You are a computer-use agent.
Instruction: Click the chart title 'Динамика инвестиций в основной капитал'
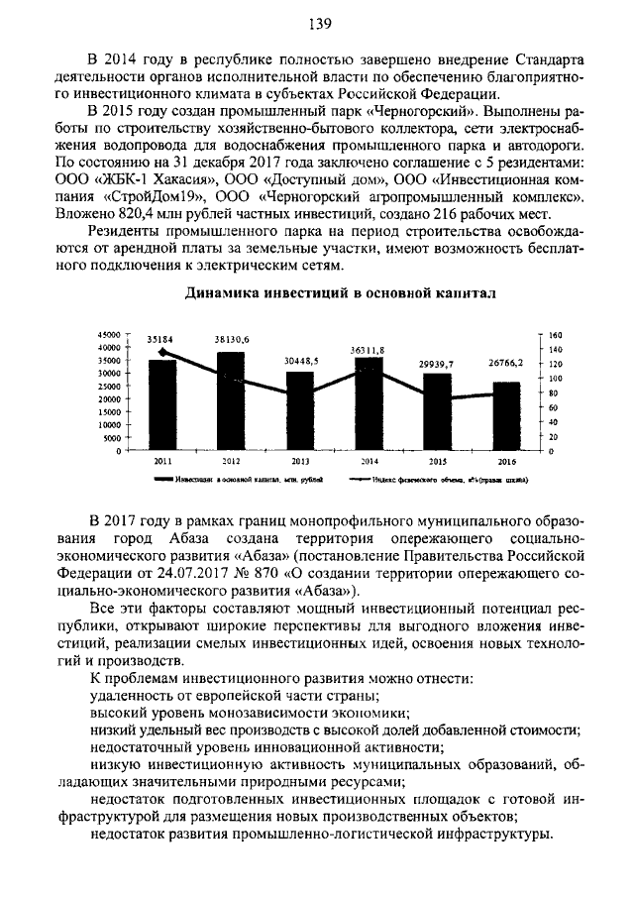click(318, 294)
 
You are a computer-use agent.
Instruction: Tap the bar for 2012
click(231, 400)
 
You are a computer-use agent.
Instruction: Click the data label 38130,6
click(232, 339)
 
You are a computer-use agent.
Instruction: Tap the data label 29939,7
click(436, 364)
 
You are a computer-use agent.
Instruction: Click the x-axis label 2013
click(300, 462)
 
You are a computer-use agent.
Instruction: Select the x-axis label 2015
click(436, 462)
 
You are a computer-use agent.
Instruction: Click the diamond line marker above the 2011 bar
click(162, 351)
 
